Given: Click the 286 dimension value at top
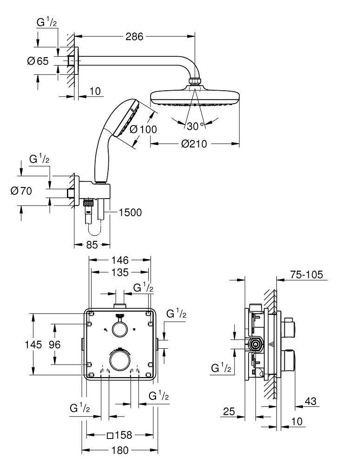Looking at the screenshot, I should [135, 36].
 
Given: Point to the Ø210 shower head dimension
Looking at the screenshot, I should [195, 145].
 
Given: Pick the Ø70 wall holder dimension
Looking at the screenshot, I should [20, 191].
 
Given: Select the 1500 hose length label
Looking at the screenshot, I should [130, 213].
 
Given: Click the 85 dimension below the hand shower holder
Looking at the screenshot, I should [92, 245].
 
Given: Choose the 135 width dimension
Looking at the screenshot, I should [120, 272].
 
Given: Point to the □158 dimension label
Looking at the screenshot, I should [119, 435].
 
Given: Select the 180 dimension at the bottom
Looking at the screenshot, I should [120, 450].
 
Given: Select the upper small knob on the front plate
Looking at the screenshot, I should [120, 329].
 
